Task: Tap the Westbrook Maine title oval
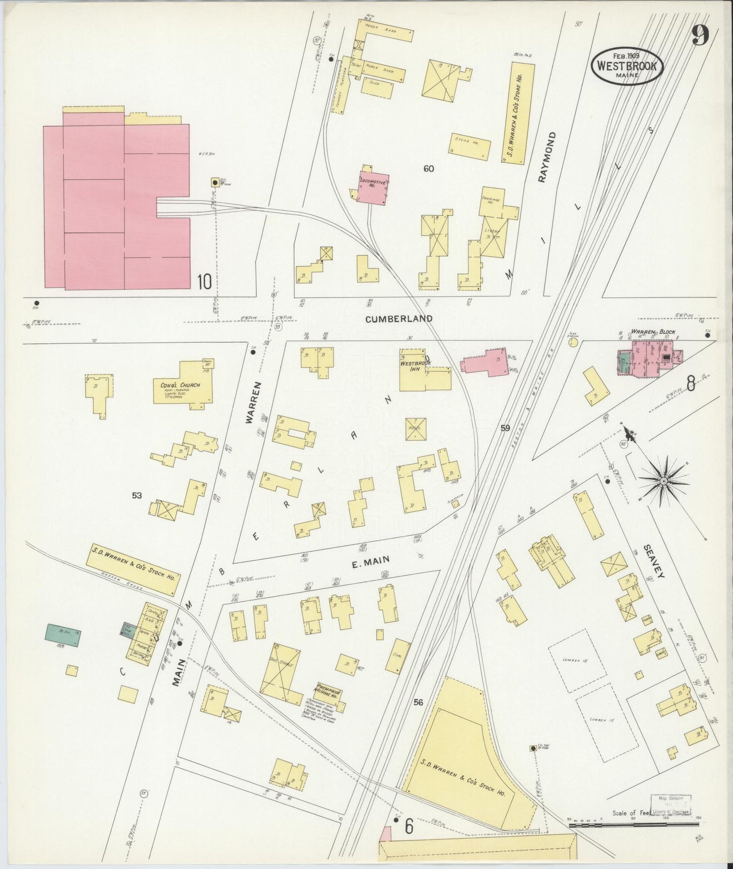[627, 66]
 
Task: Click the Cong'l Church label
[180, 385]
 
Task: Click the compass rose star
[664, 481]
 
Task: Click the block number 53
[136, 495]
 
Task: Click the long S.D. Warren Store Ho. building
[519, 113]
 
